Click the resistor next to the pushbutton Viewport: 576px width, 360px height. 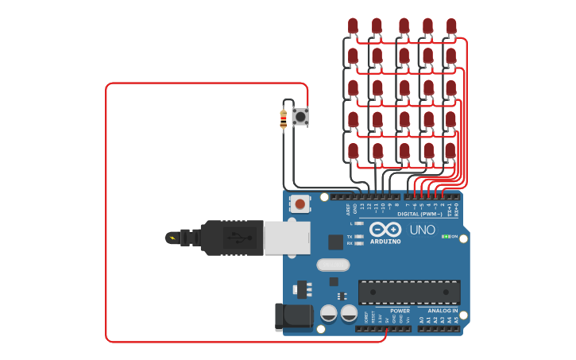coord(284,119)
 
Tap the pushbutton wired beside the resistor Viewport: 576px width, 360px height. coord(300,117)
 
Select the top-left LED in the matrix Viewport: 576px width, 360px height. coord(353,26)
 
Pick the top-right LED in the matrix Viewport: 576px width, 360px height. coord(451,26)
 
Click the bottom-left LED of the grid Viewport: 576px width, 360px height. coord(353,150)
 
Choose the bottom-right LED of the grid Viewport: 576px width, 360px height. coord(450,150)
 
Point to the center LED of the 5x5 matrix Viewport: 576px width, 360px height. coord(404,87)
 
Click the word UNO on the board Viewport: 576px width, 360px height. coord(422,230)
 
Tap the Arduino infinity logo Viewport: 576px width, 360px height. coord(385,230)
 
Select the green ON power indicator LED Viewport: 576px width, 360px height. coord(446,236)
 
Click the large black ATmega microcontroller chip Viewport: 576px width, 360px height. coord(408,292)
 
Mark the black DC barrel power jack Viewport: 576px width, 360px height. coord(293,316)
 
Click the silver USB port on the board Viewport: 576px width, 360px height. coord(286,237)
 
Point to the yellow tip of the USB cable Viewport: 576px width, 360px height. coord(171,237)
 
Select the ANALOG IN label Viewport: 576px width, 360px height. coord(443,311)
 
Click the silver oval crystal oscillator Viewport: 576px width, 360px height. coord(332,265)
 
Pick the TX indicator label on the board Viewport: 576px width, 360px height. coord(350,237)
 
